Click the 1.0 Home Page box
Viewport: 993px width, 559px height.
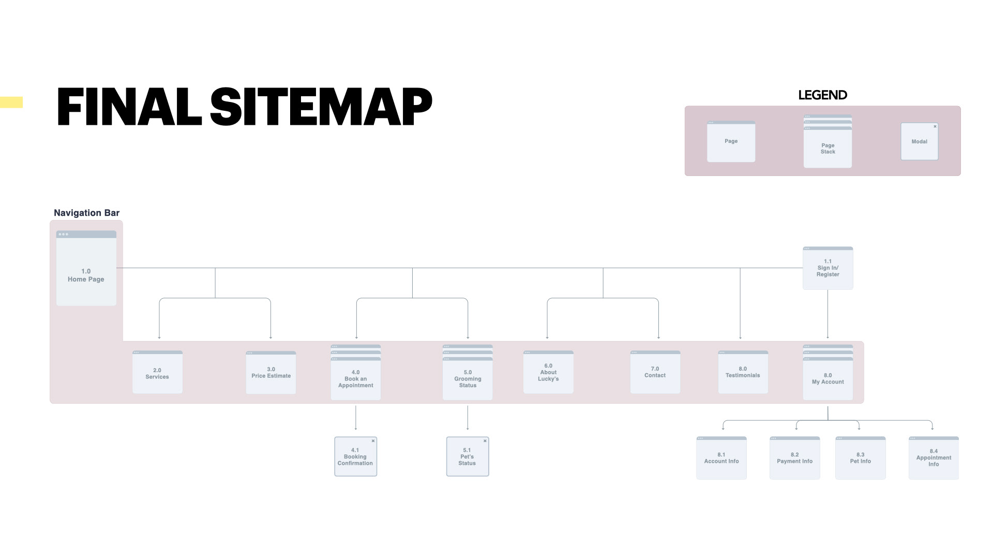point(86,269)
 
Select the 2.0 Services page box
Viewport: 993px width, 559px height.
point(157,373)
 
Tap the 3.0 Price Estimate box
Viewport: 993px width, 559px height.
point(271,373)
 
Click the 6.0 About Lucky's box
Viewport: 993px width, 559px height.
point(548,372)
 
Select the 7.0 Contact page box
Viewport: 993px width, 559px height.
point(655,372)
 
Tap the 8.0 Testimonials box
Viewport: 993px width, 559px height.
point(743,372)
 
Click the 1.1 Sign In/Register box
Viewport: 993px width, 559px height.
point(827,268)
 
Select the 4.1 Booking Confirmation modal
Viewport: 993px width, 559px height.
point(355,457)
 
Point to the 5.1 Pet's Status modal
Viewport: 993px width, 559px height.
point(467,457)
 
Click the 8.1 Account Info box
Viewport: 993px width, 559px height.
point(721,458)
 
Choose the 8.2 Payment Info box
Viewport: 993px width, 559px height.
point(794,458)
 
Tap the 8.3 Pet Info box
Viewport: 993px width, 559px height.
point(860,458)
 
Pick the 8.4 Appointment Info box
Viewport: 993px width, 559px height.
point(934,458)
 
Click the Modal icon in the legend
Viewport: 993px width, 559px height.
point(919,141)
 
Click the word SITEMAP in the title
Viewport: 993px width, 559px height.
point(321,107)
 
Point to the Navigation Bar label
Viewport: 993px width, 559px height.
point(86,213)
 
